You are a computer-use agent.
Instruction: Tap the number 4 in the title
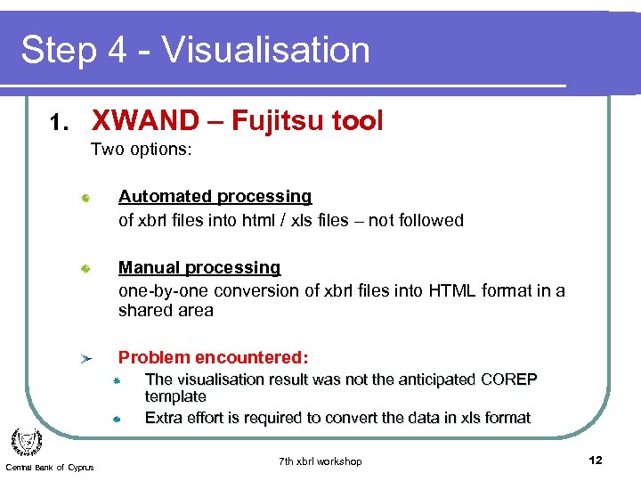(x=116, y=50)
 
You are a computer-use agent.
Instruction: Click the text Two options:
(x=141, y=150)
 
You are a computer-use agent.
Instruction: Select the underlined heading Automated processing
(x=215, y=196)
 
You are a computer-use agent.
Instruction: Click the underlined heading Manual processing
(x=199, y=267)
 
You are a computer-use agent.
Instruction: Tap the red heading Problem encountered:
(x=213, y=357)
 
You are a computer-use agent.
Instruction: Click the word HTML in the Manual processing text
(x=451, y=291)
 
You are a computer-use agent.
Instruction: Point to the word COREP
(x=507, y=379)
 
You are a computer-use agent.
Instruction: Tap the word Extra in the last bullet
(x=164, y=418)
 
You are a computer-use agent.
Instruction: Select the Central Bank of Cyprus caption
(x=49, y=469)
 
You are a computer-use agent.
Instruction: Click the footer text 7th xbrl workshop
(x=320, y=461)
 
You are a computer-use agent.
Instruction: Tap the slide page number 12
(x=596, y=461)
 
